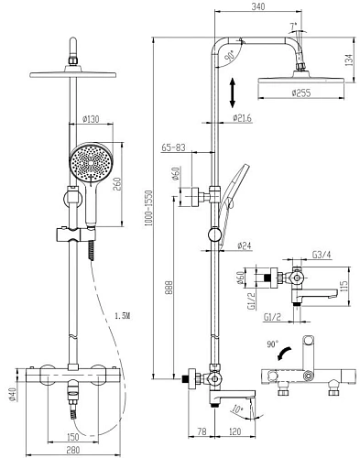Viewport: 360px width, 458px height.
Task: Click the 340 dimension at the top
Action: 258,6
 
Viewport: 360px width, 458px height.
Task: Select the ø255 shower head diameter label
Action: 301,93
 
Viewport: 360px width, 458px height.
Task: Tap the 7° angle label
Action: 293,27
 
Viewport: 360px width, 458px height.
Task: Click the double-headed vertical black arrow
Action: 233,93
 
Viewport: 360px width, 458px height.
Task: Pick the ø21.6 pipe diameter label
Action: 243,118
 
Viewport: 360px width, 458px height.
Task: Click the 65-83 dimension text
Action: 173,147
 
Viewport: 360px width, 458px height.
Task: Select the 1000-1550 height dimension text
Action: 148,208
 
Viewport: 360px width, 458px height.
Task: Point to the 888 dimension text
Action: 169,288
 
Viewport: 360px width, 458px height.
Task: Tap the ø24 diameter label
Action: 245,245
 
